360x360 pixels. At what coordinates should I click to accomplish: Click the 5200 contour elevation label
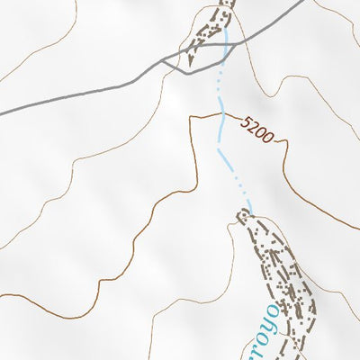click(x=257, y=128)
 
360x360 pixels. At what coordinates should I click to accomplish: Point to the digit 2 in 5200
click(x=254, y=125)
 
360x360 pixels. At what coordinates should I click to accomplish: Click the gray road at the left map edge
click(x=3, y=112)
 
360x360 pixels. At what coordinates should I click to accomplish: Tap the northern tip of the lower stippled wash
click(x=243, y=213)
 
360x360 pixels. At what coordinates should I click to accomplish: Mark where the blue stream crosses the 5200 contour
click(x=220, y=115)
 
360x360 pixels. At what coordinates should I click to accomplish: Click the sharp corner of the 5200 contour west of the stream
click(x=190, y=118)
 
